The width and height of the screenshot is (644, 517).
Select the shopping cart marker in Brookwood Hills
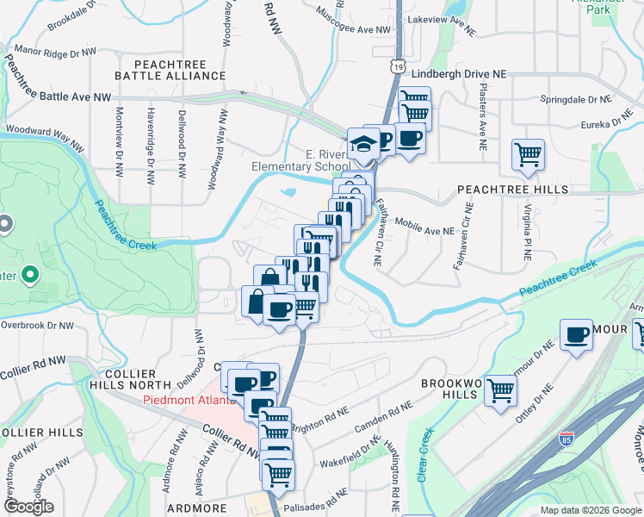(500, 390)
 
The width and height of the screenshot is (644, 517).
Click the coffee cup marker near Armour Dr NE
(576, 336)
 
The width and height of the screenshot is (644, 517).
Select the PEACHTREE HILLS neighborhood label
(512, 189)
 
